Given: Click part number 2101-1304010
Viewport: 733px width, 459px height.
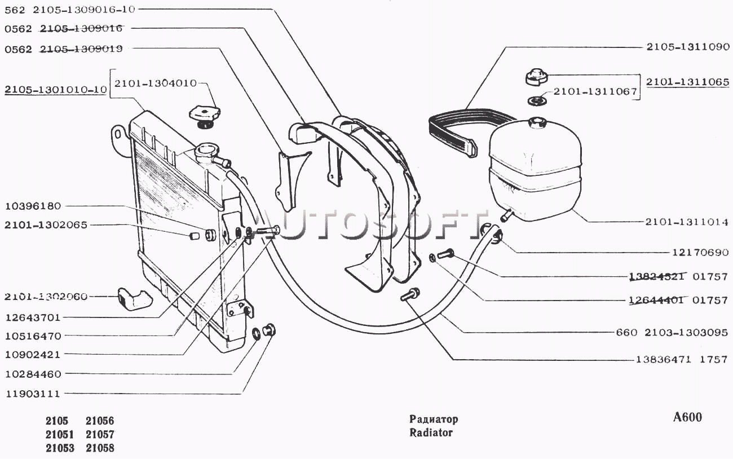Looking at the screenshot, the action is (156, 83).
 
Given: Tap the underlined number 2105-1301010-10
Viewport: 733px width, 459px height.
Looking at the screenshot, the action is (56, 90).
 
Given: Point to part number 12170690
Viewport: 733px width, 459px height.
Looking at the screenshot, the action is (700, 253).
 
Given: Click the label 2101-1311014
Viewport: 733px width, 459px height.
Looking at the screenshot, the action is (687, 222).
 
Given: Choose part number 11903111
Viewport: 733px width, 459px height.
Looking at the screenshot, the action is (33, 394).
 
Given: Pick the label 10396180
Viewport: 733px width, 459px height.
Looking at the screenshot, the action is (33, 206).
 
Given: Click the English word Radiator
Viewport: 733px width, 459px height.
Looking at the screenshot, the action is (431, 433).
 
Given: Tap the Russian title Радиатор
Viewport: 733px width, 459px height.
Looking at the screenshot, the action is (434, 420).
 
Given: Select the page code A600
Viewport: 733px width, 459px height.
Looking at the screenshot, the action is (687, 417).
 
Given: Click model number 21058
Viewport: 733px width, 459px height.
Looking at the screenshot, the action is (100, 448).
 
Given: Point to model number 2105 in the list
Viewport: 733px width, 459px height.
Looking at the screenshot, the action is (57, 421).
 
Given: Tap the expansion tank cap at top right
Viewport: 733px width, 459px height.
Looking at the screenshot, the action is (536, 77).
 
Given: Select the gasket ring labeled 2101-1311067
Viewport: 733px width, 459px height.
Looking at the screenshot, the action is (537, 101).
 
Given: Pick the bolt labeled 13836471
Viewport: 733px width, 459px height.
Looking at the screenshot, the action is (410, 294).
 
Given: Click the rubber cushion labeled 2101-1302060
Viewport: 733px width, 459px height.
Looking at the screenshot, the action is (134, 299).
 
